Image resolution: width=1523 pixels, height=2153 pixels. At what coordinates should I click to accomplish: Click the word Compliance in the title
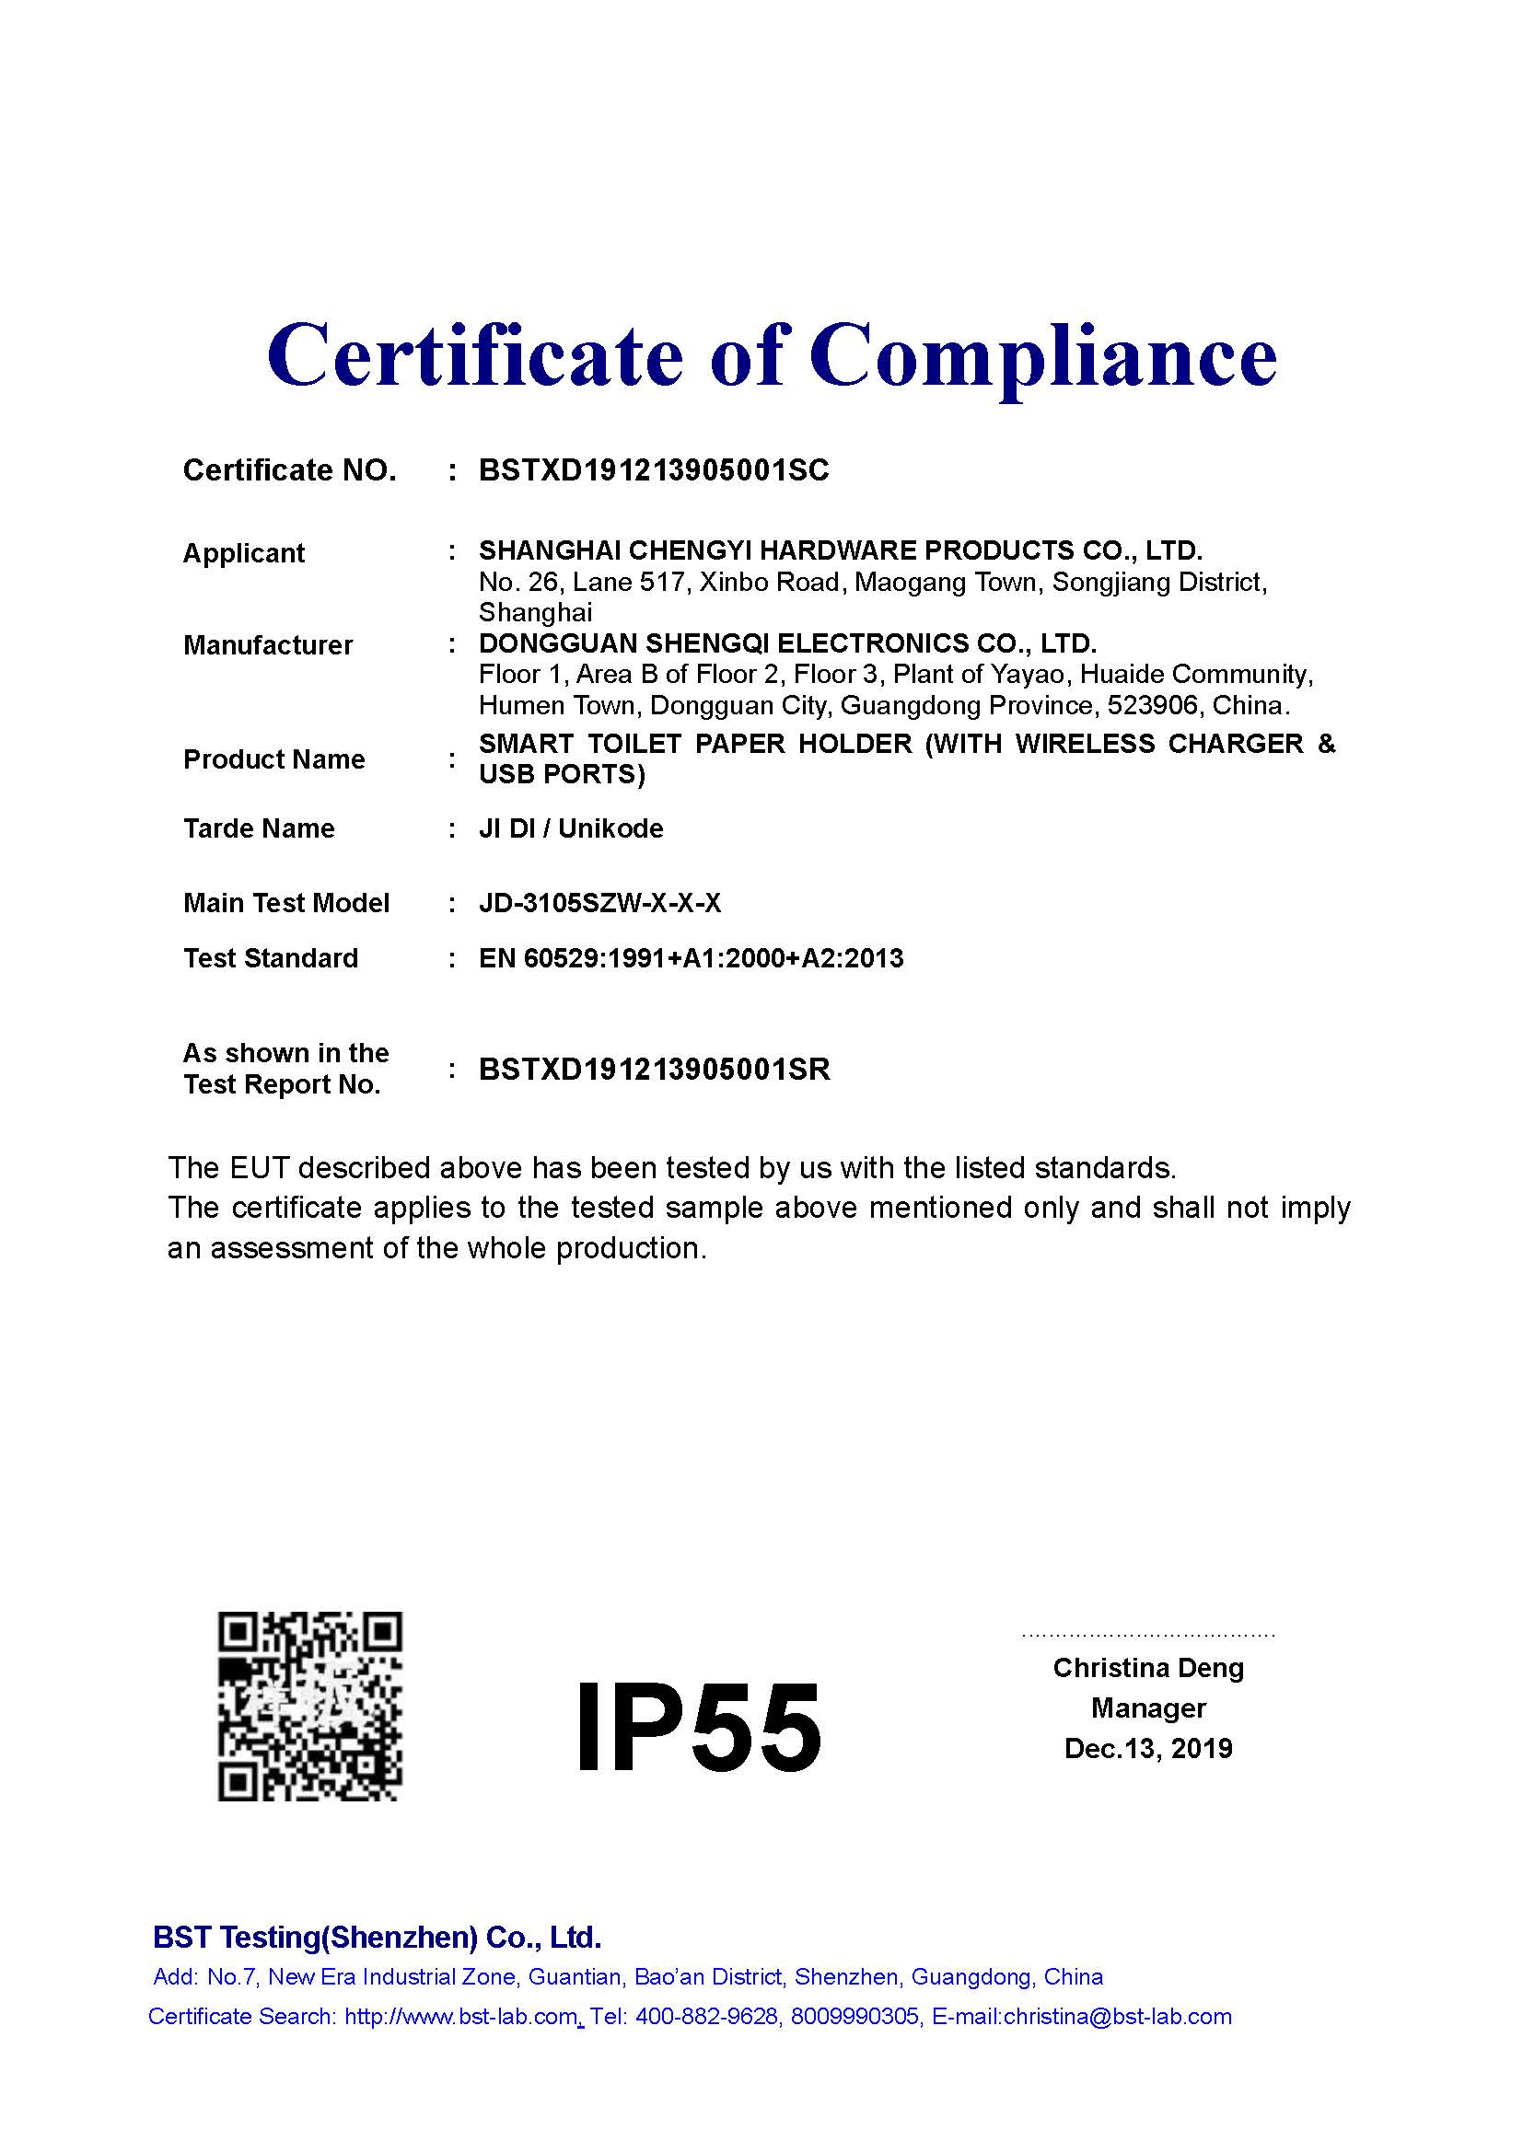1042,358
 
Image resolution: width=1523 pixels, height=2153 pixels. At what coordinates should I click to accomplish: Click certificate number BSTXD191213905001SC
654,469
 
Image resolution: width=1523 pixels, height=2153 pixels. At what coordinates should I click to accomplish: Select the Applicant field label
244,553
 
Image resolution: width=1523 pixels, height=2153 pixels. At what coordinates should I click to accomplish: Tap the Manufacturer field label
268,645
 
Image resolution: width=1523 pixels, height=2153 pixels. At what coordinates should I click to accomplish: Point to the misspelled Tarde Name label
259,829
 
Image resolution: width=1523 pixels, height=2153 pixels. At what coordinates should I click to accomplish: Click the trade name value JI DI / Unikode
570,829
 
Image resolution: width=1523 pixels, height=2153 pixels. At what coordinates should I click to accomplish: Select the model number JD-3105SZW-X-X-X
599,903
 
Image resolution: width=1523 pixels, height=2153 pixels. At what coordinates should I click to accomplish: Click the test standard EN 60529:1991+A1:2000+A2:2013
691,958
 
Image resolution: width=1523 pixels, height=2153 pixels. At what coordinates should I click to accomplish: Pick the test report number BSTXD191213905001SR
654,1070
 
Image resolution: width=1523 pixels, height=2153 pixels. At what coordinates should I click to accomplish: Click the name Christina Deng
1148,1668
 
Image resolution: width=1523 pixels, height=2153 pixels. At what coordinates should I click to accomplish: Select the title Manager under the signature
1148,1708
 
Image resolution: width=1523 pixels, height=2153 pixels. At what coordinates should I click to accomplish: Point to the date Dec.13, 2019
1148,1749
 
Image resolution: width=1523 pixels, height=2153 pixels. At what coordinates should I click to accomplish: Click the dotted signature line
1148,1636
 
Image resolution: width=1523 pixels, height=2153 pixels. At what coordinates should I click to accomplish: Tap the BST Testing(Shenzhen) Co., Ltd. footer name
376,1938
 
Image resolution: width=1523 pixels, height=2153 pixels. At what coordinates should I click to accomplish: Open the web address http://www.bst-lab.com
460,2017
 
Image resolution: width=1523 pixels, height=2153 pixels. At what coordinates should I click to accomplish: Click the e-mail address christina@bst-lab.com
1117,2017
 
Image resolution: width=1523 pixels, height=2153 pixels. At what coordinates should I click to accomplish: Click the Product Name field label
273,759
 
